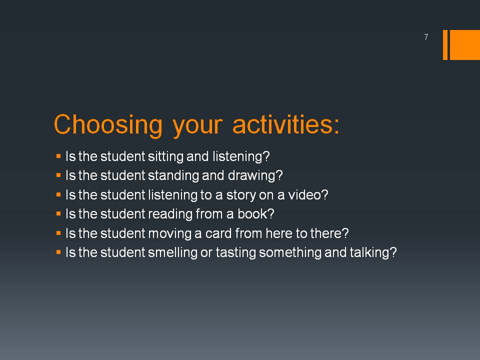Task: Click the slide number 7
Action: point(426,37)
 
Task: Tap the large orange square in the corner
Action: point(464,45)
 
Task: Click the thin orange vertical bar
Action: point(445,45)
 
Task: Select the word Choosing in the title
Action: point(108,125)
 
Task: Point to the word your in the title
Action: point(197,126)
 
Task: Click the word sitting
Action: point(165,156)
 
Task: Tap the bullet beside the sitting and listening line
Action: point(59,156)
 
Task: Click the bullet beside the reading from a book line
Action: point(59,214)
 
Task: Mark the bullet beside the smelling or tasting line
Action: point(59,252)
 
